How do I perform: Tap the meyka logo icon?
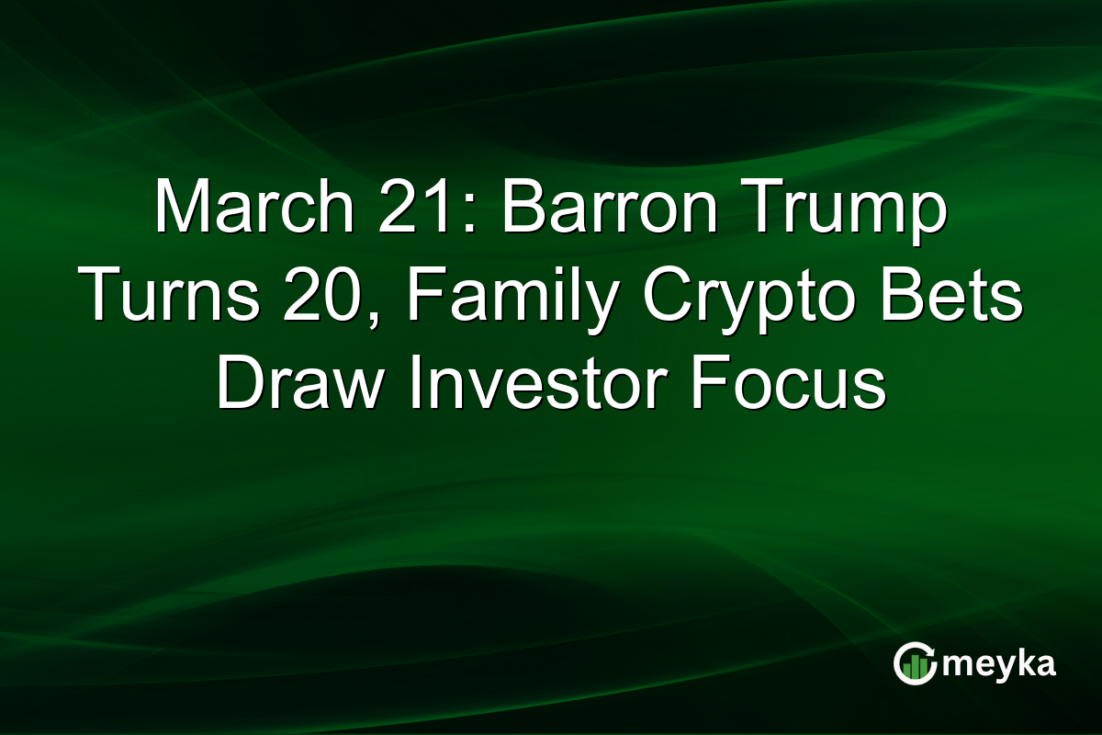(x=916, y=664)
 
